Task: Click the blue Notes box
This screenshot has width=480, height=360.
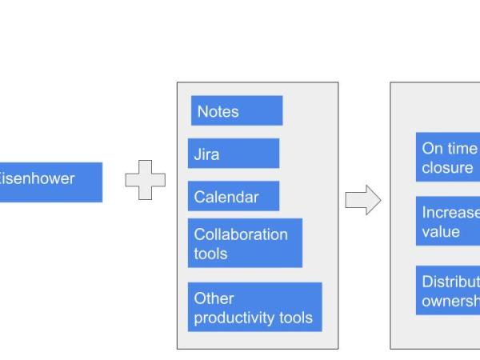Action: [x=237, y=110]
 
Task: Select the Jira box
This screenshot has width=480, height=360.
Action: [x=234, y=154]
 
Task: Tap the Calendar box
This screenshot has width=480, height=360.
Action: [x=234, y=196]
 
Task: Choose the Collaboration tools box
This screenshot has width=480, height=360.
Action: [x=245, y=243]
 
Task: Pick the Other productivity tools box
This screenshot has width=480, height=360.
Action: [x=254, y=307]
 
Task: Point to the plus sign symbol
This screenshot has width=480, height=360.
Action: [x=146, y=180]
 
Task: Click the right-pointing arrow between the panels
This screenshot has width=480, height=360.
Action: [x=362, y=200]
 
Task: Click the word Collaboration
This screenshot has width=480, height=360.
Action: [x=241, y=234]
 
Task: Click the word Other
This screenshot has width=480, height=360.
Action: [x=214, y=298]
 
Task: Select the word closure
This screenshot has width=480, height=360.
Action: [x=447, y=168]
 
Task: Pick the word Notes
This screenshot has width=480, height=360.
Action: [x=218, y=111]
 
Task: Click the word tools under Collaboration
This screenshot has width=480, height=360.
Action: [x=210, y=254]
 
